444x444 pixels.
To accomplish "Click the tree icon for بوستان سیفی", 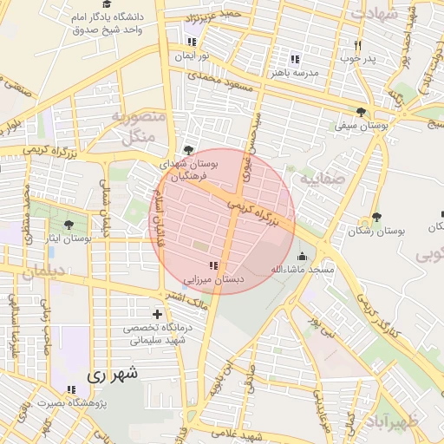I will click(x=361, y=111).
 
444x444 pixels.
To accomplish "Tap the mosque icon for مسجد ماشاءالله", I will click(x=302, y=257).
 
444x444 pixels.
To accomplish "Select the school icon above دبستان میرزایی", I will click(x=212, y=265).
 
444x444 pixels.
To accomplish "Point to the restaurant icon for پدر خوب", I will click(x=356, y=45).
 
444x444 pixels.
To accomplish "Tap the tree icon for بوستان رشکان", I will click(x=375, y=217).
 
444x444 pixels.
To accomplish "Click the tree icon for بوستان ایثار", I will click(x=69, y=224).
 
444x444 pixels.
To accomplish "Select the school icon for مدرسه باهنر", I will click(x=295, y=59).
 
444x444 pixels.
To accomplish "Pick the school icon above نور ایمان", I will click(x=191, y=41).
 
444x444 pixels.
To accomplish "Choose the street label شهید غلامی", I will click(x=240, y=434).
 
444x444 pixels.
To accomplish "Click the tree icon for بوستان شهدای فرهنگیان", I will click(x=188, y=150).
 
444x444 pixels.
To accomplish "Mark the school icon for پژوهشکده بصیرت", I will click(x=71, y=390).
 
